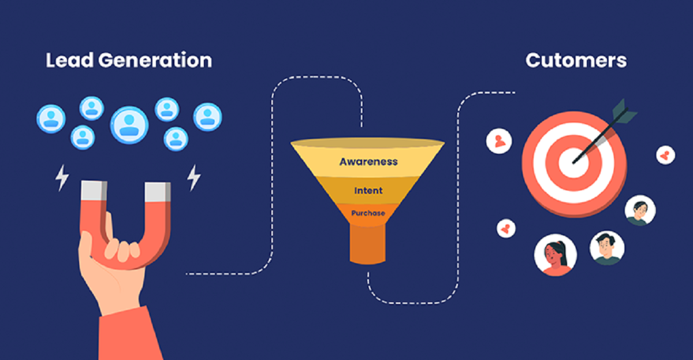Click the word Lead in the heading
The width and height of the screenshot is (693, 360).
pos(66,60)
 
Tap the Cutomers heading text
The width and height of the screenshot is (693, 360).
pos(576,60)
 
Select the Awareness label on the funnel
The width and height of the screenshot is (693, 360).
pos(368,161)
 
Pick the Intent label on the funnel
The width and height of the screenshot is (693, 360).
pos(368,190)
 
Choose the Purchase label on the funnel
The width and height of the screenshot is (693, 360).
pos(368,213)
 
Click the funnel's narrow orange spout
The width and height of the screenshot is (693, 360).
pos(367,243)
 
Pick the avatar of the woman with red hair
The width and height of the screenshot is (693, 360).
pos(552,255)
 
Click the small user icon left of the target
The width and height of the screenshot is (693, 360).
pos(499,141)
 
